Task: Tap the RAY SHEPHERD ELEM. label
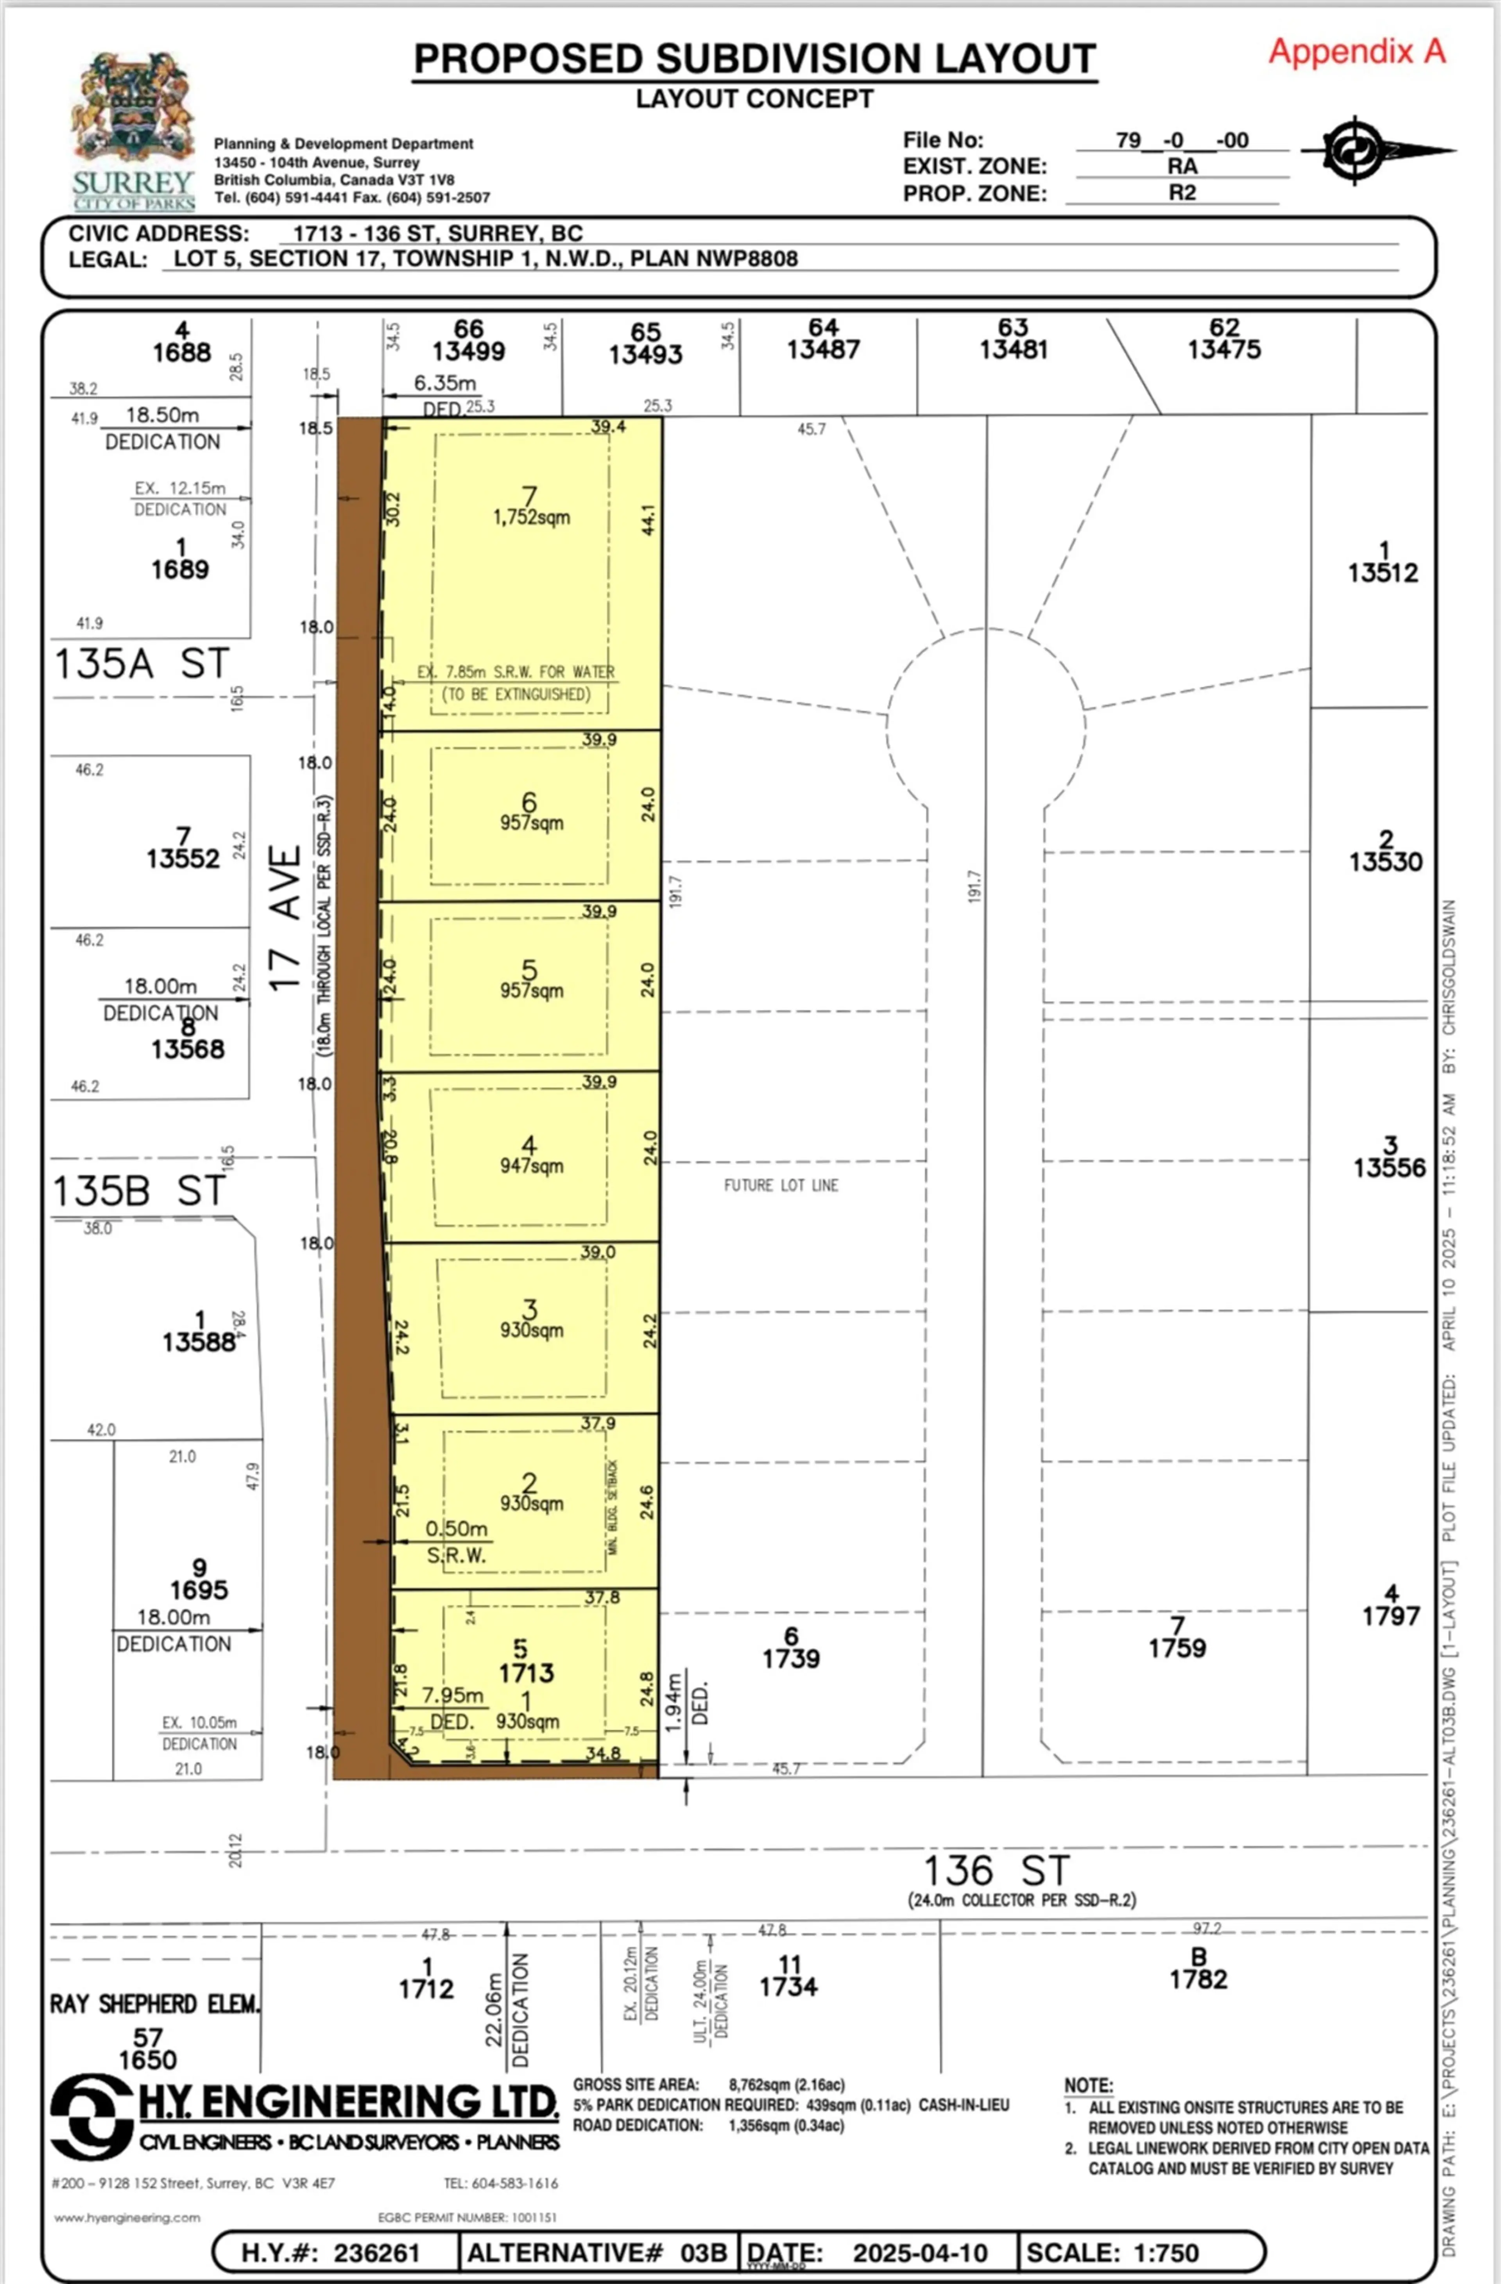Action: tap(154, 2004)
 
